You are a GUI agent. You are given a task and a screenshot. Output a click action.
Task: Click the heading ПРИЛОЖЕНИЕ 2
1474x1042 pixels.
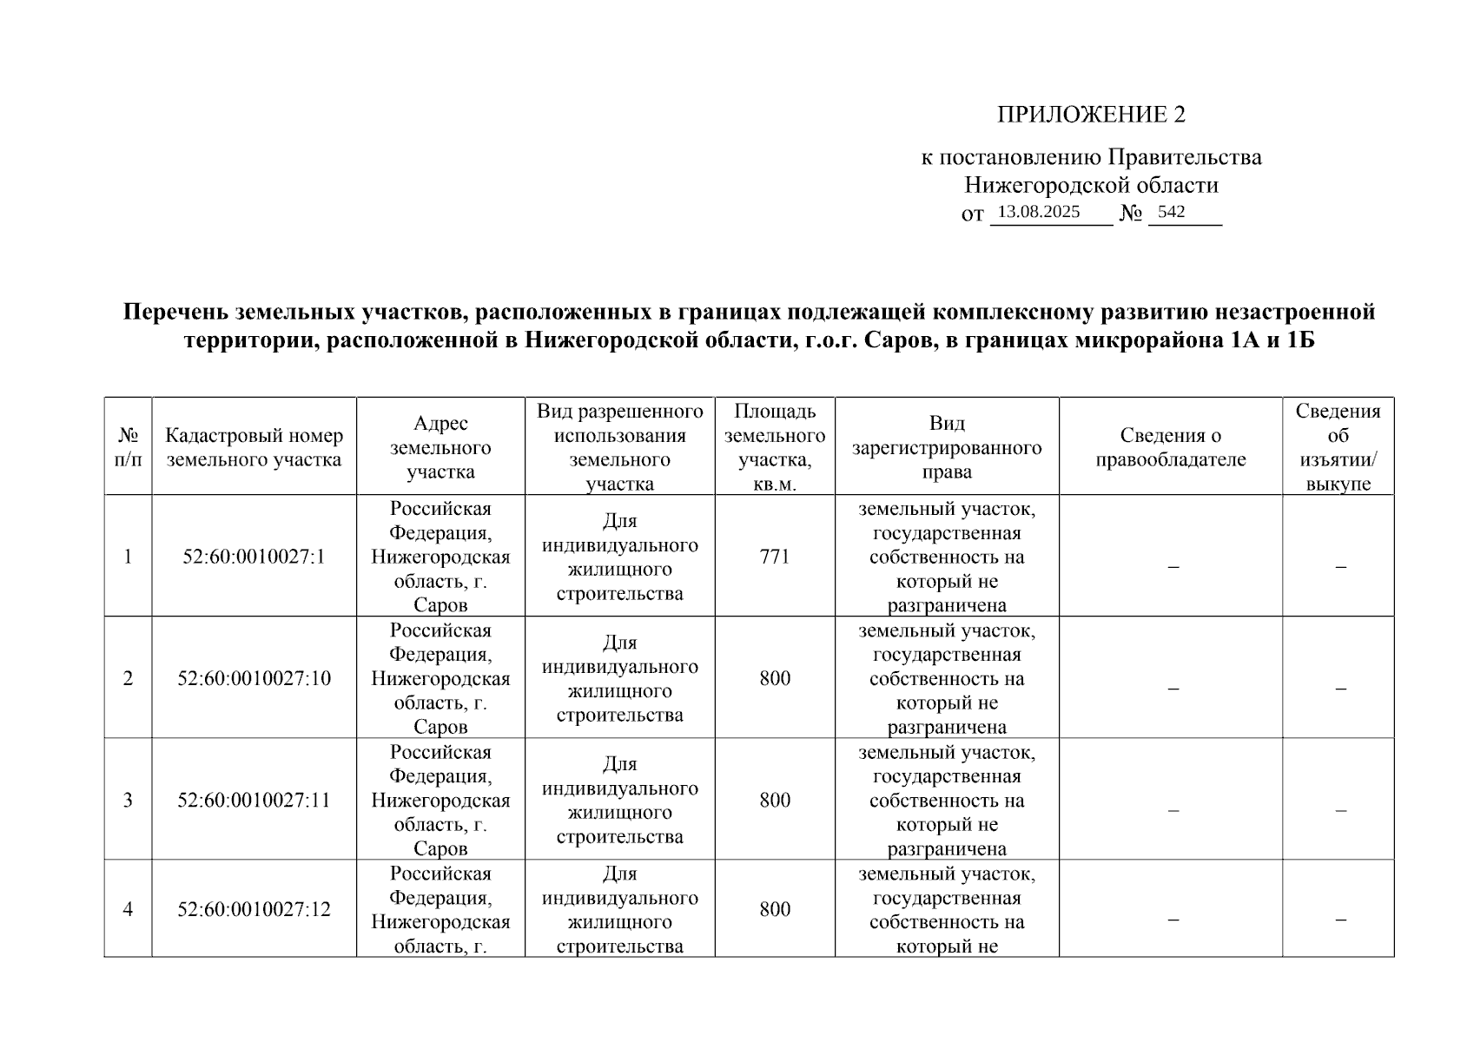click(1090, 115)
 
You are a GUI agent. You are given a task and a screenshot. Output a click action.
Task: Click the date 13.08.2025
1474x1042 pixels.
click(1039, 212)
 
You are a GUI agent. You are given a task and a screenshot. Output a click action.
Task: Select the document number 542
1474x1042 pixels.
click(1171, 212)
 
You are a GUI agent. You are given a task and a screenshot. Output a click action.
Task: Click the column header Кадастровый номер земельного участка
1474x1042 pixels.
click(254, 448)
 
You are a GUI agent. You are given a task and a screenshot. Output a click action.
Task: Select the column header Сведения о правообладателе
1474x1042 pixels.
click(1170, 448)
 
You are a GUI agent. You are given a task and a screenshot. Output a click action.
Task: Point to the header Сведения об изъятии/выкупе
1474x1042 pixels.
click(1338, 448)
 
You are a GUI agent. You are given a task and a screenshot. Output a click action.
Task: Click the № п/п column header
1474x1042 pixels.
click(128, 448)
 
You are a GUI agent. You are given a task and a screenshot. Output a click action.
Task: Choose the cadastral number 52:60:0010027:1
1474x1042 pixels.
click(254, 557)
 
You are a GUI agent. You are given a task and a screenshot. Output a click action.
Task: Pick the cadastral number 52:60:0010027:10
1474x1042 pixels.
click(254, 678)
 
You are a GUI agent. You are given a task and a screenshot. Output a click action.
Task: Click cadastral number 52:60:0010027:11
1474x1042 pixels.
click(254, 800)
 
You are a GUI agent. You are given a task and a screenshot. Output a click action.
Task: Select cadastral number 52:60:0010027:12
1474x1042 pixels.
click(254, 909)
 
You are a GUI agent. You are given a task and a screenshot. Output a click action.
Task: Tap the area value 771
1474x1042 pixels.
click(775, 557)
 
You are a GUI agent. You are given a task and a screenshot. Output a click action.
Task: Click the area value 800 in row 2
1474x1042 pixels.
click(775, 678)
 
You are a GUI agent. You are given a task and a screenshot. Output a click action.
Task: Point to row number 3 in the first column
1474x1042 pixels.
click(128, 800)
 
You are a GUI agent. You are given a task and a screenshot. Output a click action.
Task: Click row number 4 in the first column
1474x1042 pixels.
click(128, 909)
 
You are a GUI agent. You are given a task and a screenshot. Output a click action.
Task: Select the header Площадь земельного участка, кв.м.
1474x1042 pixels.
click(775, 448)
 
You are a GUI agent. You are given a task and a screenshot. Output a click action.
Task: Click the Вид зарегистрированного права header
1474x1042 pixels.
click(947, 448)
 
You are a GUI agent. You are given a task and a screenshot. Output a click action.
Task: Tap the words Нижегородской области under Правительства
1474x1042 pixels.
click(1091, 186)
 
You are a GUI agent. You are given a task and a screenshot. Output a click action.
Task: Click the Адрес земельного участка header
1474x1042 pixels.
click(440, 448)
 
